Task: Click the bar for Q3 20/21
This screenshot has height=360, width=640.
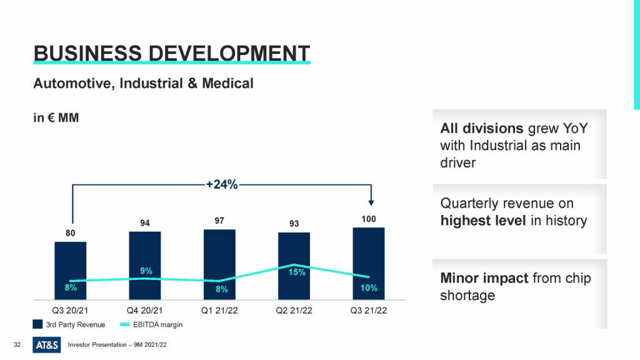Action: [x=70, y=262]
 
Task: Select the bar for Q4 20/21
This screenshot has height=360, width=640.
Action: [x=145, y=256]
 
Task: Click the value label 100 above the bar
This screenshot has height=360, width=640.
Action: [x=368, y=219]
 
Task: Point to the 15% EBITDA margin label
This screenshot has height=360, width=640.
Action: [x=297, y=272]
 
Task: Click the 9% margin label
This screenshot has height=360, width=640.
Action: [x=146, y=271]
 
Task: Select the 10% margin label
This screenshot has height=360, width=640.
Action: [x=369, y=287]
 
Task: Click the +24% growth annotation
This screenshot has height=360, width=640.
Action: [x=222, y=184]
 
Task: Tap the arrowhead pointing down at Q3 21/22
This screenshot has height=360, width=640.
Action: [x=371, y=202]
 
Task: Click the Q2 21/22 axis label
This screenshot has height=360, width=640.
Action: [x=294, y=311]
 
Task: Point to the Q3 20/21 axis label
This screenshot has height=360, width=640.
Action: [x=70, y=311]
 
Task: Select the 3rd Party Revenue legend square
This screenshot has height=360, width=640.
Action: [x=37, y=324]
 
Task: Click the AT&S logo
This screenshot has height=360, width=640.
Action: [x=47, y=344]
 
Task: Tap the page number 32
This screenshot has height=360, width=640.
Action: [x=17, y=345]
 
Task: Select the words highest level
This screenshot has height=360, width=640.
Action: [x=482, y=221]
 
